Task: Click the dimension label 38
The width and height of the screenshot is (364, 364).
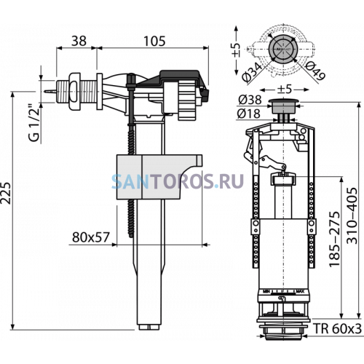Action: click(x=79, y=41)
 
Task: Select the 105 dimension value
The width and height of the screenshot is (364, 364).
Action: click(x=154, y=41)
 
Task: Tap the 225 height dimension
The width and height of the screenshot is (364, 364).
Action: click(x=6, y=193)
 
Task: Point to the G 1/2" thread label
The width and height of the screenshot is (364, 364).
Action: click(x=34, y=123)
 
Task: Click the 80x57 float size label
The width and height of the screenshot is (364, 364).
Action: click(x=91, y=237)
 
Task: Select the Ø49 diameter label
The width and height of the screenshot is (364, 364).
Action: click(x=314, y=71)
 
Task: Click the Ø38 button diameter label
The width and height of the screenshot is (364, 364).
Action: click(x=250, y=100)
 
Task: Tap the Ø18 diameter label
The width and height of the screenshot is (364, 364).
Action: click(x=249, y=114)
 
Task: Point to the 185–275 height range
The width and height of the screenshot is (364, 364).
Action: click(x=334, y=240)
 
